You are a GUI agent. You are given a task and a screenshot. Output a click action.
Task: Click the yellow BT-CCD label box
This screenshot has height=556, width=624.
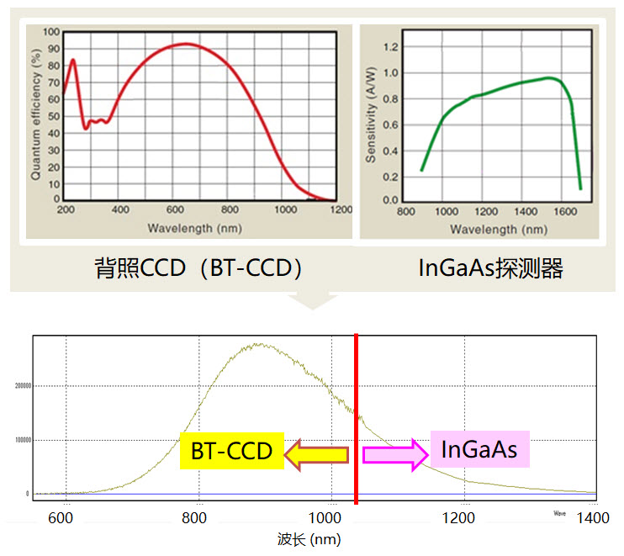coord(231,451)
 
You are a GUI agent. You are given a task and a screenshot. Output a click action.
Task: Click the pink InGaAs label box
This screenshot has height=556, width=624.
coord(479,449)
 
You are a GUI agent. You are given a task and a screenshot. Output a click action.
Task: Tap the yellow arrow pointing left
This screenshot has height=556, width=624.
coord(315,455)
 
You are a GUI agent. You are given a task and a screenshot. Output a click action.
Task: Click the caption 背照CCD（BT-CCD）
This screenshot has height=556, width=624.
coord(198,268)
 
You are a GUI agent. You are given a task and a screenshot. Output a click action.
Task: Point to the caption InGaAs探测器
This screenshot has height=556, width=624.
coord(491,268)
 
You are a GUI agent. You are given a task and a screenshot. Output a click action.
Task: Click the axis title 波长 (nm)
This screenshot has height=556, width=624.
coord(309,539)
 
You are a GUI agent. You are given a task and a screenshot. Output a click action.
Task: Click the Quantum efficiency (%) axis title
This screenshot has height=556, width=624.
coord(36,115)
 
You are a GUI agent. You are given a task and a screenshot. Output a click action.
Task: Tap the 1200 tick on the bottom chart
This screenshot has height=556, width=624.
coord(459,518)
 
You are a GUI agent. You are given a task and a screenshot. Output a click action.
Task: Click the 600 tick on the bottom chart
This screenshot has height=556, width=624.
coord(61,518)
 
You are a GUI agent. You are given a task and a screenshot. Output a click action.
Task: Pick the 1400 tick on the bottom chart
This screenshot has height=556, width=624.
coord(594,518)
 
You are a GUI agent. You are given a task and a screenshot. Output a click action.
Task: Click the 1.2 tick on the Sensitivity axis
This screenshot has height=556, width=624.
coord(390,46)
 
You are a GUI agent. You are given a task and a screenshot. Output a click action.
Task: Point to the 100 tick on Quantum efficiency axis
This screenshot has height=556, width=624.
coord(51,32)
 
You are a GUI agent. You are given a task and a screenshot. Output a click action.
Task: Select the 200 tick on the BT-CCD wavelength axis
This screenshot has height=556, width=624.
coord(65,210)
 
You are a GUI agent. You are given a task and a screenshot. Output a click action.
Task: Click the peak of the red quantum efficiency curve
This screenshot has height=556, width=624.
coord(186,44)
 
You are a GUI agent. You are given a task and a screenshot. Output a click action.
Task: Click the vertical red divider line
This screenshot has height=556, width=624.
coord(357,421)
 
